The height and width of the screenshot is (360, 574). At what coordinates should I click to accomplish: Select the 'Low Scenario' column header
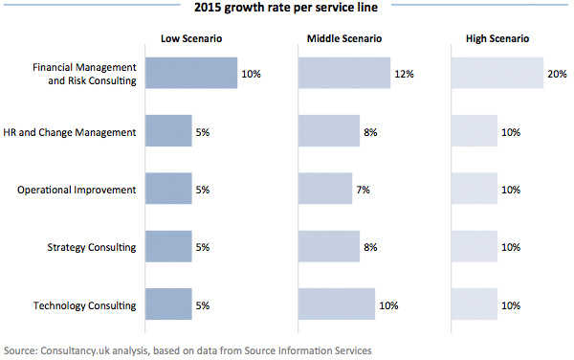click(x=191, y=40)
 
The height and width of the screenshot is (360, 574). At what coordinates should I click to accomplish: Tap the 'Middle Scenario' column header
click(x=344, y=40)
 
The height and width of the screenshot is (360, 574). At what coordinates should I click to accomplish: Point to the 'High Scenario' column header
click(x=497, y=40)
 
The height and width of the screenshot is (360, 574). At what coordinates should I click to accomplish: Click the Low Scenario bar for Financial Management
click(x=191, y=74)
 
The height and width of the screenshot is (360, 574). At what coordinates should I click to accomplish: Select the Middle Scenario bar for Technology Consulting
click(x=336, y=305)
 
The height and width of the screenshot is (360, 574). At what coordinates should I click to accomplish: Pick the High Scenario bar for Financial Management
click(x=497, y=74)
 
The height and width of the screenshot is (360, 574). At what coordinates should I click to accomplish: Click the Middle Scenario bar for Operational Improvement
click(x=324, y=190)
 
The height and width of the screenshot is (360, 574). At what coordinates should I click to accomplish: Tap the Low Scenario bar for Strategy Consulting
click(x=168, y=247)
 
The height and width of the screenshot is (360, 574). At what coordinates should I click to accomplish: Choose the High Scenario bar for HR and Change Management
click(x=474, y=131)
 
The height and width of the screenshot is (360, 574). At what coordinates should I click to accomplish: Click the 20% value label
click(x=557, y=74)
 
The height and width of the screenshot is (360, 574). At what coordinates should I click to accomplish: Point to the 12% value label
click(x=404, y=74)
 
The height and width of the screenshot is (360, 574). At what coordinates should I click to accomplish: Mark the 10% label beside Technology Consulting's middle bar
click(x=388, y=305)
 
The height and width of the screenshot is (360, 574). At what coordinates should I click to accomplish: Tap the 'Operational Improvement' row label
click(x=77, y=190)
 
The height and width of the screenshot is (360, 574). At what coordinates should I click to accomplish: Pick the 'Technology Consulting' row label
click(x=83, y=305)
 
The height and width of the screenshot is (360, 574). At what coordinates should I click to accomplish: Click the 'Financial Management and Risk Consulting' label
click(x=84, y=74)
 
